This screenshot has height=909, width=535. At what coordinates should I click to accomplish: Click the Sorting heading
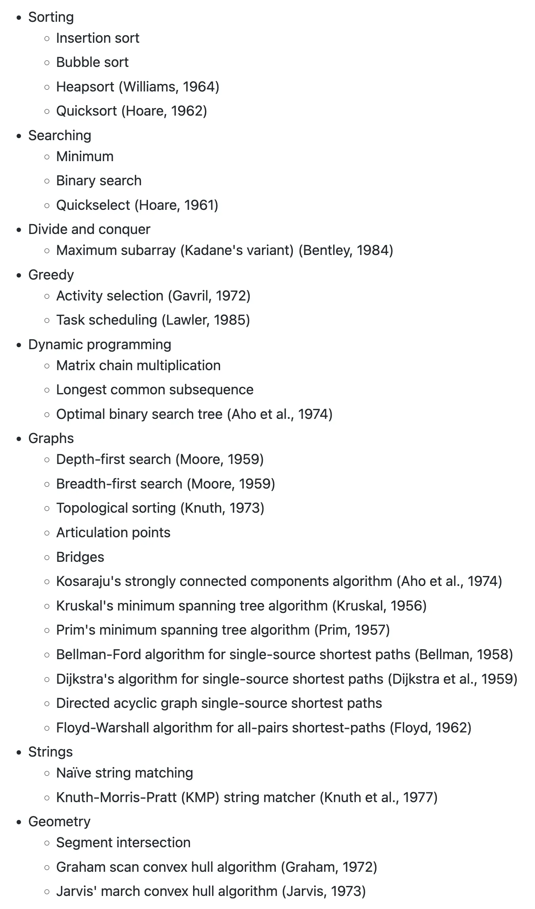point(51,17)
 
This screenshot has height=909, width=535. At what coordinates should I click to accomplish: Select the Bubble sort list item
point(92,63)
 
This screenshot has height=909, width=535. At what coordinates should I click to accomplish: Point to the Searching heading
point(60,135)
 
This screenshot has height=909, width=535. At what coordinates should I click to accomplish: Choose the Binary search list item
point(99,181)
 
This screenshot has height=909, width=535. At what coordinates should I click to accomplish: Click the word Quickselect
point(93,205)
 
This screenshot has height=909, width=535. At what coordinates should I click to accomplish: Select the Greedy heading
point(51,275)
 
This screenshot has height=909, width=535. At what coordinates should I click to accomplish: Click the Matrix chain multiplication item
point(138,366)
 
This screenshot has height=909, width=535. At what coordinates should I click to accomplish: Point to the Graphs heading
point(51,439)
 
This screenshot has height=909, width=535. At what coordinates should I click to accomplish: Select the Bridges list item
point(80,557)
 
